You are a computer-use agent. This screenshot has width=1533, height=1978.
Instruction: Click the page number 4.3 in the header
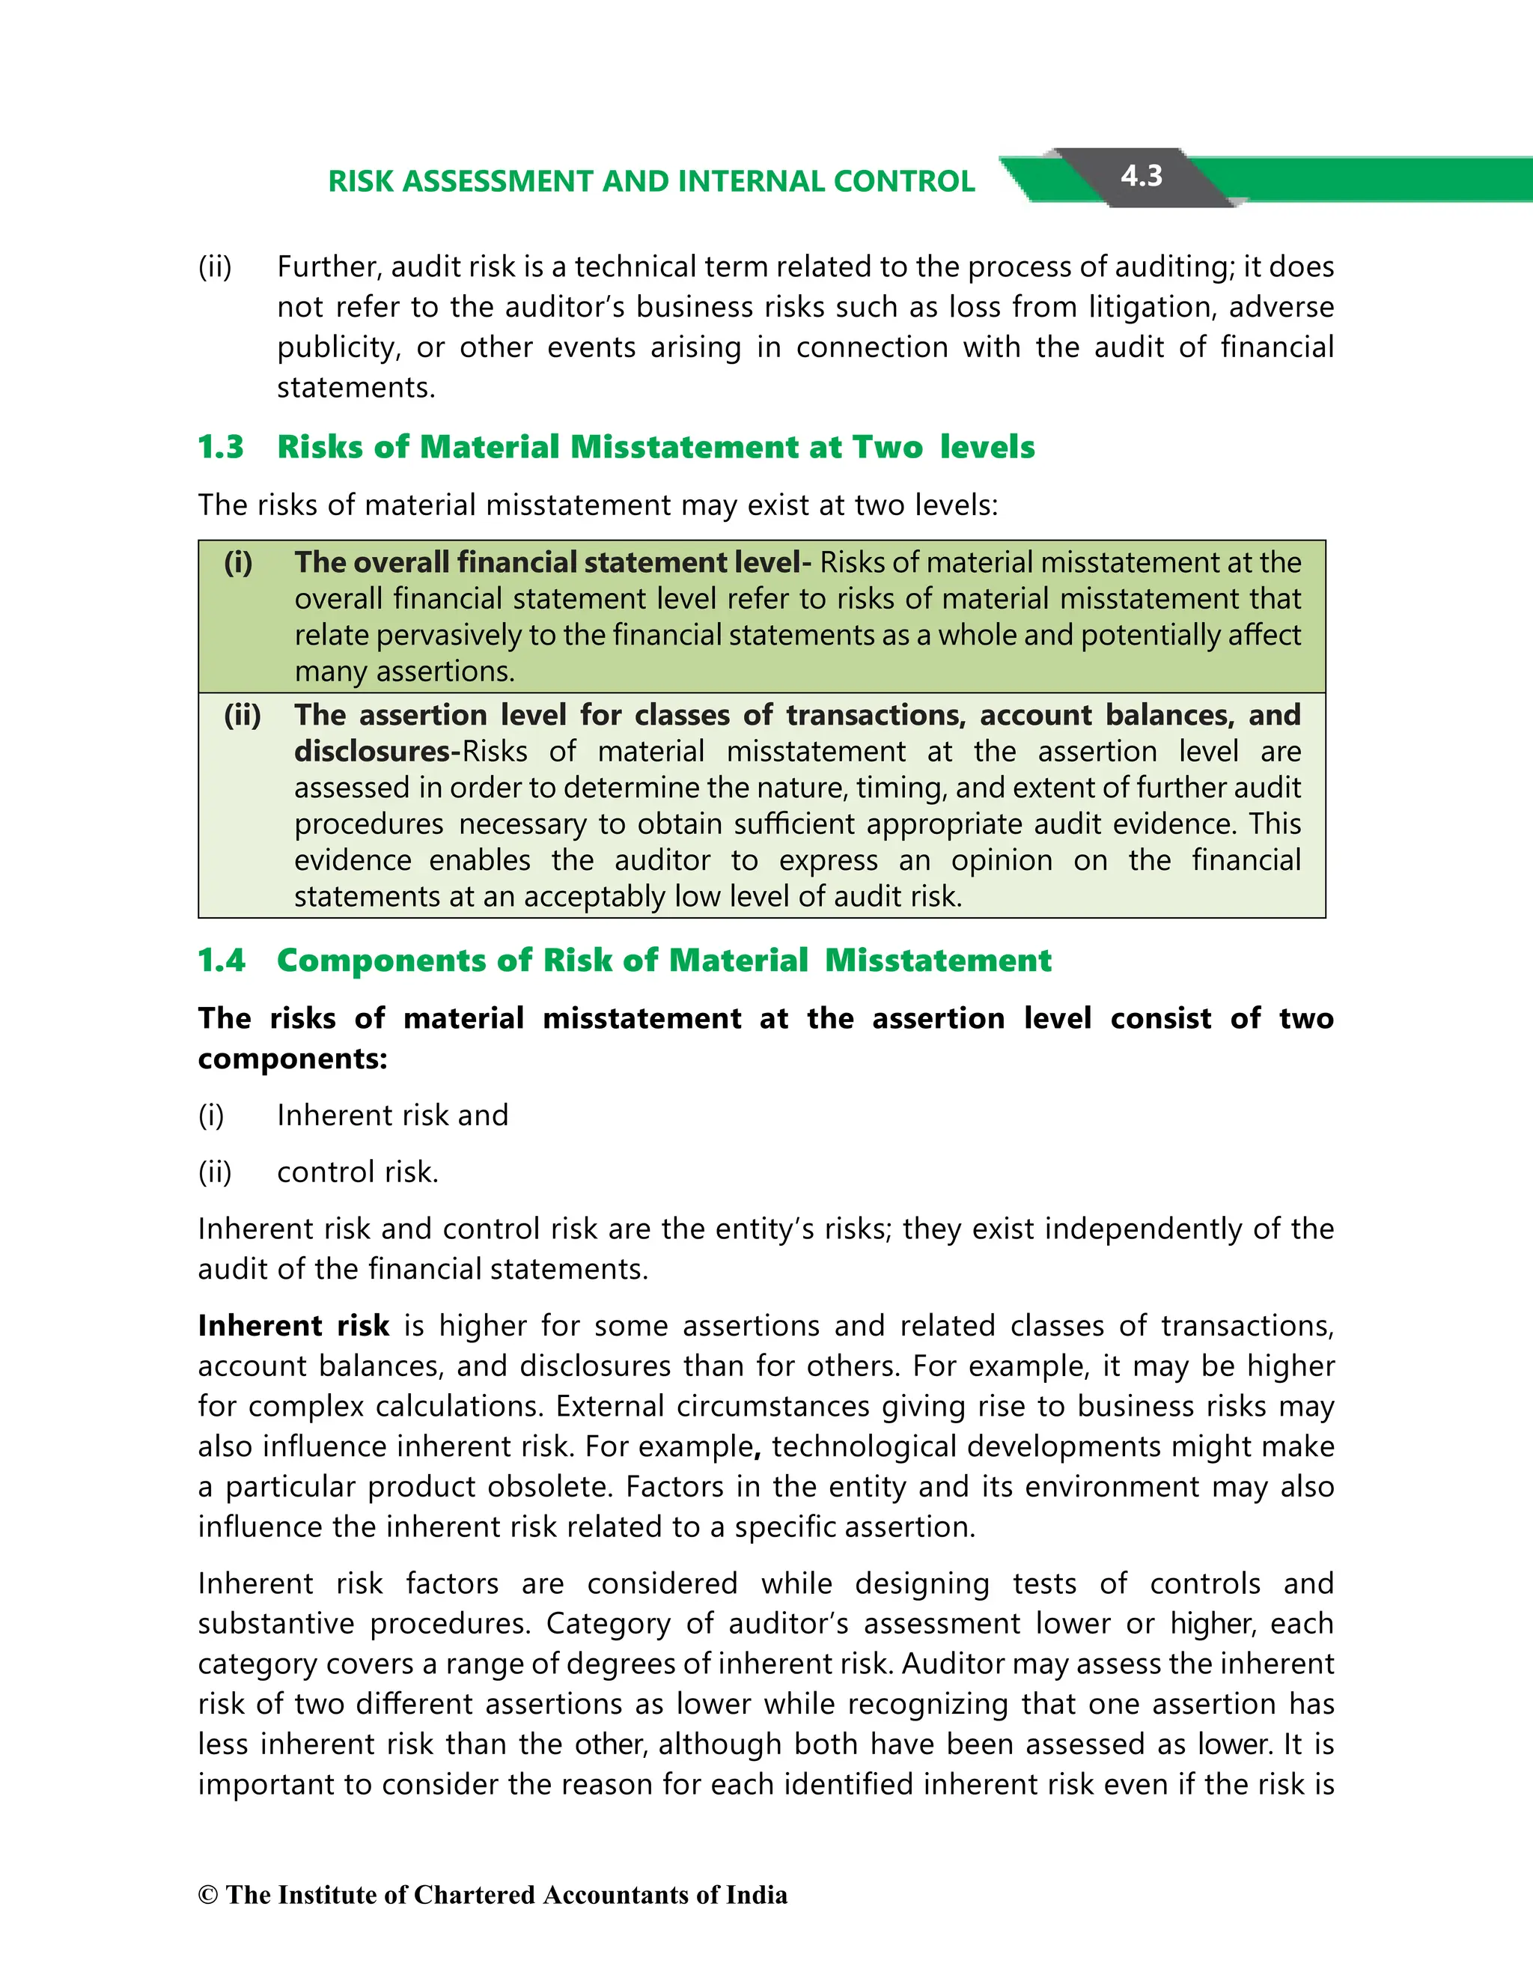click(x=1141, y=176)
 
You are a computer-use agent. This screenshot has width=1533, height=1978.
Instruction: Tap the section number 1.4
click(x=221, y=960)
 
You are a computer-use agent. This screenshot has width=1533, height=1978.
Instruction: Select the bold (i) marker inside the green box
click(x=238, y=562)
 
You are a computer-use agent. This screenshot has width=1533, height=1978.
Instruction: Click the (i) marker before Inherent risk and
click(x=211, y=1115)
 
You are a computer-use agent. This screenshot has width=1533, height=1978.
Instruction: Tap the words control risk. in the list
click(x=358, y=1172)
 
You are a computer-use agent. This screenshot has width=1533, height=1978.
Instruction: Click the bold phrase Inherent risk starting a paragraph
click(x=293, y=1326)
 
